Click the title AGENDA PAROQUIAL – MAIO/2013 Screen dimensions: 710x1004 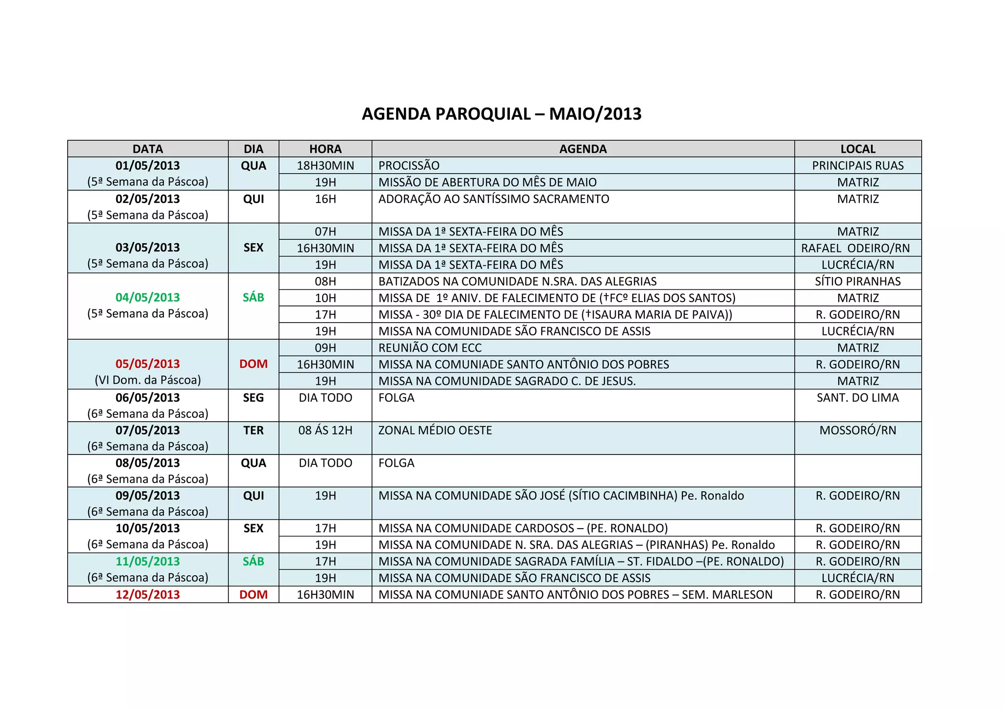502,114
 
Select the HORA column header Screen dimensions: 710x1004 325,149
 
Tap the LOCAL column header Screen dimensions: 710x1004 857,149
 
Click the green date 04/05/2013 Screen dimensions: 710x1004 148,298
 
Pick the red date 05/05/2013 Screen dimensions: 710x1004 148,364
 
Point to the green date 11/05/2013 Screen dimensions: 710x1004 148,561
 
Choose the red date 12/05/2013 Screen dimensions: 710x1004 148,595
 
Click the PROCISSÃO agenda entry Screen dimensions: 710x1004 409,166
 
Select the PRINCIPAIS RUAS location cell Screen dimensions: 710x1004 857,166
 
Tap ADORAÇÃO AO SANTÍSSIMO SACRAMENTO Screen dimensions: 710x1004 494,199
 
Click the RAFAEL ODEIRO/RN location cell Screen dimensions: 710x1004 855,248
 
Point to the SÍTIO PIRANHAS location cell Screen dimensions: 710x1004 857,281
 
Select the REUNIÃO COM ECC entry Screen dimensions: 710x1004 430,348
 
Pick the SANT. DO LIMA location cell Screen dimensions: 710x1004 857,398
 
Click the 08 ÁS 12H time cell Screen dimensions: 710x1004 325,431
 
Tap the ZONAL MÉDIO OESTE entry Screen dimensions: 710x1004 435,431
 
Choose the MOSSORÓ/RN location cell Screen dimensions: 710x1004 857,431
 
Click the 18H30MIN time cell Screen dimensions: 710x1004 325,166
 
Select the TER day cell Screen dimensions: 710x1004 253,431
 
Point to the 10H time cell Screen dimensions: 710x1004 325,298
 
